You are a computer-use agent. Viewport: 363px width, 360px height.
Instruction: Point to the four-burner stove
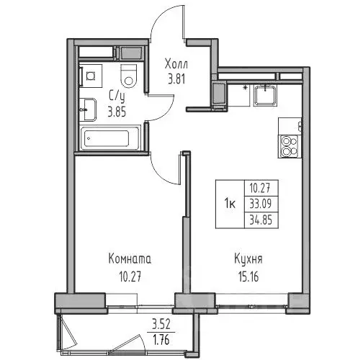[x=290, y=146]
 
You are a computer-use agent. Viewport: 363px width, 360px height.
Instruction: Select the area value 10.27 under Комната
[x=130, y=273]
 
